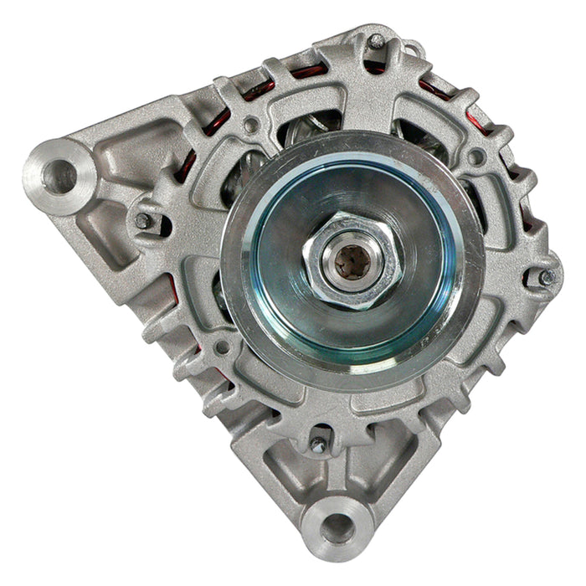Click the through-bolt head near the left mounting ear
(144, 220)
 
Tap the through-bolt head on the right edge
(545, 275)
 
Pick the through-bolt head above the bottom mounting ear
(318, 445)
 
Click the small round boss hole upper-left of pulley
(250, 126)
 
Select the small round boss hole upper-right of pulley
(476, 157)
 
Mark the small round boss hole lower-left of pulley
(223, 346)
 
